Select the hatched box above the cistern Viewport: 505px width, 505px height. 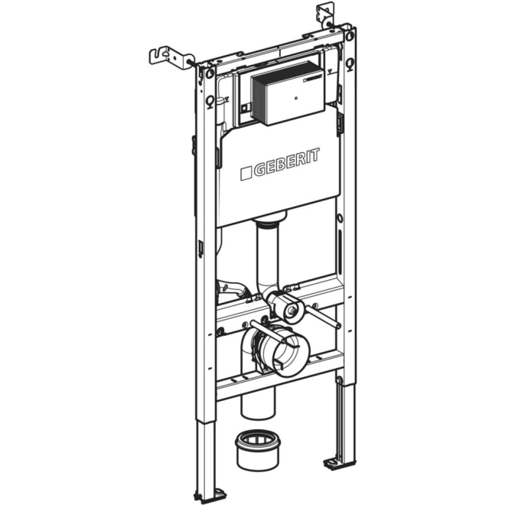pyautogui.click(x=279, y=92)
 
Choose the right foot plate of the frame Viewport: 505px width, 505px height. pyautogui.click(x=337, y=461)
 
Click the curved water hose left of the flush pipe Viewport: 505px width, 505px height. pyautogui.click(x=233, y=290)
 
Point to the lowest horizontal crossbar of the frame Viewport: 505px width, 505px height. pyautogui.click(x=279, y=375)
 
